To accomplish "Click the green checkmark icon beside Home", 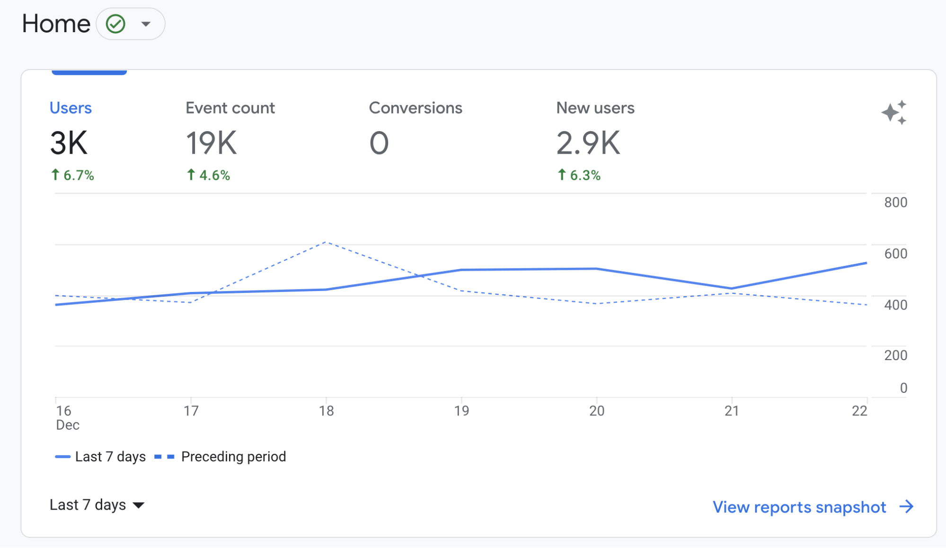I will [115, 24].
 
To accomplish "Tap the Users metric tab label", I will [71, 108].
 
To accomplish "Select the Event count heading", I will [230, 108].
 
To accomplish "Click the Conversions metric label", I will [415, 108].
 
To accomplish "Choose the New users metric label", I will [595, 108].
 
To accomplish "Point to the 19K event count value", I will [211, 143].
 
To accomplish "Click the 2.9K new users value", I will [588, 143].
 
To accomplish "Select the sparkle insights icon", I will [894, 113].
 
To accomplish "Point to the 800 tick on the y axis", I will [895, 203].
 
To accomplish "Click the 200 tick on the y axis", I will [895, 355].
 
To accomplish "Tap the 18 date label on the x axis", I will [326, 411].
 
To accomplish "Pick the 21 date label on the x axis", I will [732, 411].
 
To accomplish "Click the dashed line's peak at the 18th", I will [326, 242].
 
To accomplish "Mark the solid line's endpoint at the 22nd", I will [866, 263].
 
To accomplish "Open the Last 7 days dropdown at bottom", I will [97, 505].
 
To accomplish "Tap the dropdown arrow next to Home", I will [146, 24].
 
